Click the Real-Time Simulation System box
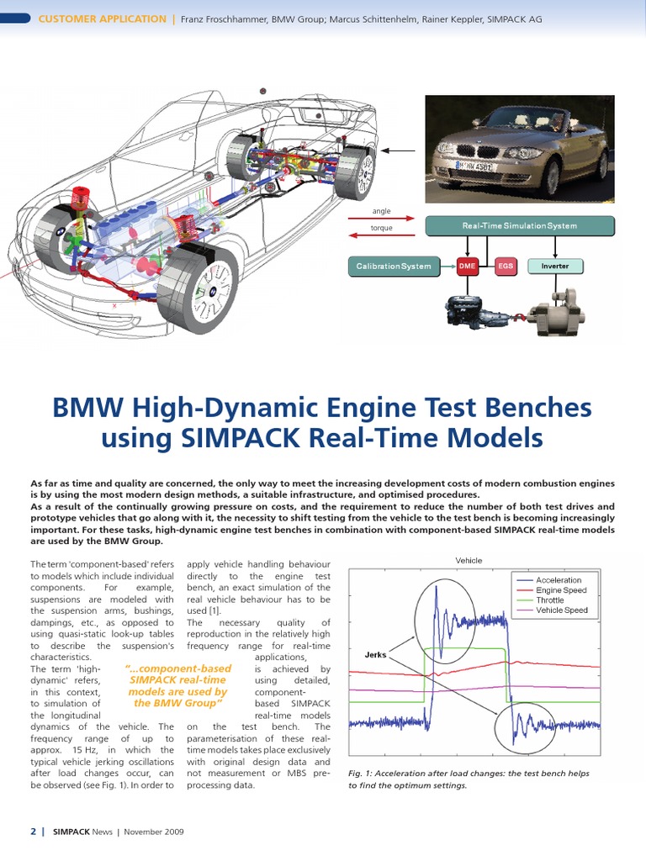[520, 225]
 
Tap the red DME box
[468, 267]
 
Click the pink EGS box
[505, 267]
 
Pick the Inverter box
[554, 267]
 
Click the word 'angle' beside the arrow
[381, 212]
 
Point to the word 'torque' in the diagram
[381, 229]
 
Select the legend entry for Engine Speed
[561, 590]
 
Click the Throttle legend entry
[550, 600]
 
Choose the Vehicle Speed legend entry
[561, 610]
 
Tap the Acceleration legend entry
[558, 580]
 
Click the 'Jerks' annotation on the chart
[375, 653]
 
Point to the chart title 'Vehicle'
[469, 561]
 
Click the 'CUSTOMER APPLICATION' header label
[103, 18]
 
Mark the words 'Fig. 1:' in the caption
[363, 774]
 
